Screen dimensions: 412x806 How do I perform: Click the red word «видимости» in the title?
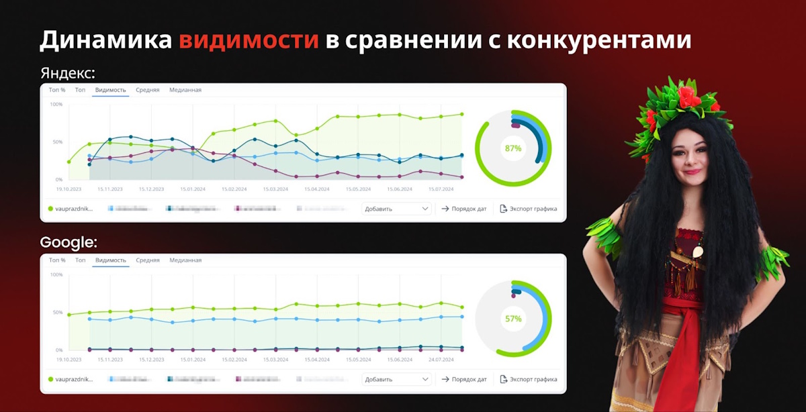point(249,40)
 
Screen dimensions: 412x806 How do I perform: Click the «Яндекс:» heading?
point(67,72)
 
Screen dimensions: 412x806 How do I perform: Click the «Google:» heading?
point(69,242)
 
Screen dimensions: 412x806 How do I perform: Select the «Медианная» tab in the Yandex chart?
point(185,90)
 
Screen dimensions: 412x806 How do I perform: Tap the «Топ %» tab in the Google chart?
point(57,260)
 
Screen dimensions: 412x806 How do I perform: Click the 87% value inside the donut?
point(513,148)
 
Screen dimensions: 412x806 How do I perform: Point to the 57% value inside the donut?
point(513,319)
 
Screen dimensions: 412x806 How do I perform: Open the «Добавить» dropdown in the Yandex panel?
point(396,209)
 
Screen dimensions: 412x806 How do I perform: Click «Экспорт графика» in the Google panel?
point(529,379)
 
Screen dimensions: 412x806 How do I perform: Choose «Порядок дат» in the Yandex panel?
point(464,209)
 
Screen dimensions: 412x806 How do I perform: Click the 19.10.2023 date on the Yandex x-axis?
point(68,190)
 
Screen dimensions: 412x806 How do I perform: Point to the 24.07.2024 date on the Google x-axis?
point(441,360)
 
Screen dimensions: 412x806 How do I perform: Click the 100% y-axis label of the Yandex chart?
point(56,105)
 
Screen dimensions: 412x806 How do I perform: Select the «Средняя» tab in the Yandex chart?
point(148,90)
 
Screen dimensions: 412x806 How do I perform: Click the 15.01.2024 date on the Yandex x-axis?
point(191,190)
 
